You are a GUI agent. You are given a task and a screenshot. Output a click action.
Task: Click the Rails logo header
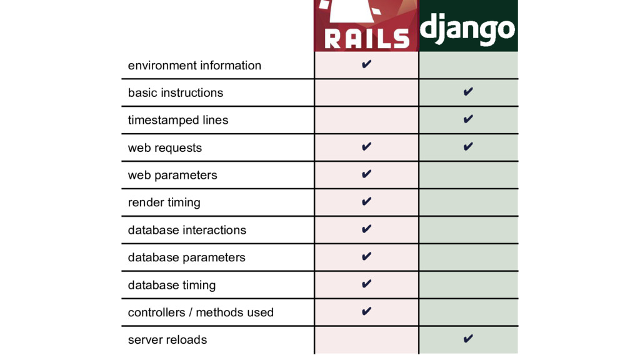366,26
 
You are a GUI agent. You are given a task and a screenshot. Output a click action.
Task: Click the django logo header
468,26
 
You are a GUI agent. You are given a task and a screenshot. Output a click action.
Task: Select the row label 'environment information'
194,66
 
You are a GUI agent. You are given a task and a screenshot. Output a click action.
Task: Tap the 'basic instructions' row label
175,92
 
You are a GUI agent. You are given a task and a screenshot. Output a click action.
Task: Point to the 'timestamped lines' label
178,120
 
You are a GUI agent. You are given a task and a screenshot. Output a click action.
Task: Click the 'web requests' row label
165,148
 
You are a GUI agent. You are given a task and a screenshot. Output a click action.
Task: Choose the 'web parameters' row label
172,175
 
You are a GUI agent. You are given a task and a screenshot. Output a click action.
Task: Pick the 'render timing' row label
164,202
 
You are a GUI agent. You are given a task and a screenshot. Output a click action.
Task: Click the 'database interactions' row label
187,230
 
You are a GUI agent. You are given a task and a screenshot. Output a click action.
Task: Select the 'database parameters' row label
186,257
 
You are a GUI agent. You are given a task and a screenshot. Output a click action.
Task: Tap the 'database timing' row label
171,285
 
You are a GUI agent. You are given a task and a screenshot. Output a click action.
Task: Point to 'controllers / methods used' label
201,312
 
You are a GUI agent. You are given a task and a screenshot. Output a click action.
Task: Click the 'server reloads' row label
167,340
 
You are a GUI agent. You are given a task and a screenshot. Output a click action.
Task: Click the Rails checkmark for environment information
366,64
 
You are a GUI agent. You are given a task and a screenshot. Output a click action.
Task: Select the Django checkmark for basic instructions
467,92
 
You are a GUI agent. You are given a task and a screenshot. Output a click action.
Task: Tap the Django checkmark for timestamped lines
467,119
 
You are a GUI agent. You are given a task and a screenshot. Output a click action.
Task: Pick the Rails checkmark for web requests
366,147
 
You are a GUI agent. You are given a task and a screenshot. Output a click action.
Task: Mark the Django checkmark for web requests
467,147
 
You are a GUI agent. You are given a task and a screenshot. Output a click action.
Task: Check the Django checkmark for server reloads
467,339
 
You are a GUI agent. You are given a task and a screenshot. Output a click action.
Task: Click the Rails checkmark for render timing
366,201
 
